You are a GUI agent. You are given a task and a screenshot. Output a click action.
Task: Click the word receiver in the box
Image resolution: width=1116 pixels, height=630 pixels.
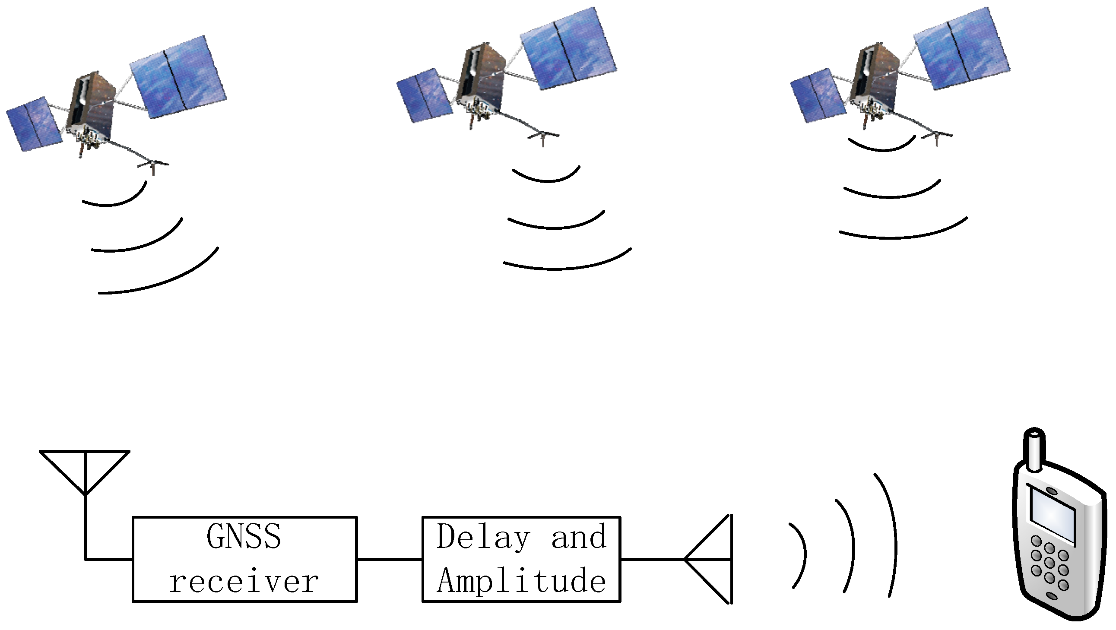pyautogui.click(x=244, y=582)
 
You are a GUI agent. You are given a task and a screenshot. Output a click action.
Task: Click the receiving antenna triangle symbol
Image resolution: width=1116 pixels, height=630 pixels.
pyautogui.click(x=85, y=468)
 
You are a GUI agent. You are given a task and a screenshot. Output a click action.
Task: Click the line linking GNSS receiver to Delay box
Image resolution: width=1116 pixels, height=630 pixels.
pyautogui.click(x=389, y=559)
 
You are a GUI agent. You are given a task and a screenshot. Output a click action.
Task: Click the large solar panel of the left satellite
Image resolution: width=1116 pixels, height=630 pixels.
pyautogui.click(x=178, y=77)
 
